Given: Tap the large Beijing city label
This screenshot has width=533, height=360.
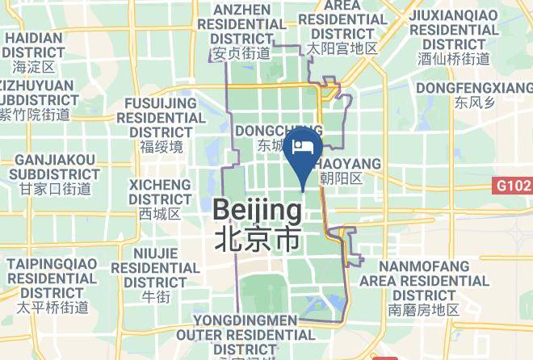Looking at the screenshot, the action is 257,211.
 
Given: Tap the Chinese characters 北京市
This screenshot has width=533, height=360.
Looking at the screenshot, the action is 257,239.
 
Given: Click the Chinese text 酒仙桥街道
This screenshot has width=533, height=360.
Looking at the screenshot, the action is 453,59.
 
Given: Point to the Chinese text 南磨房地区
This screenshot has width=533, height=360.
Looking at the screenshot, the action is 424,309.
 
